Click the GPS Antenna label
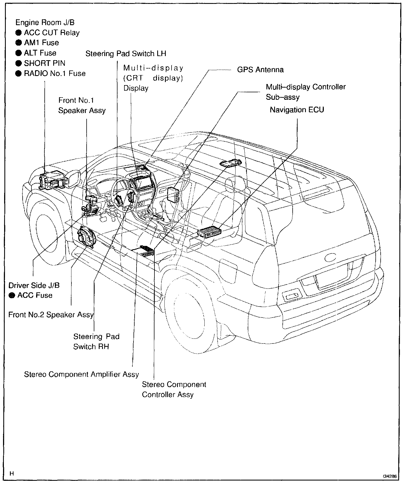pos(260,70)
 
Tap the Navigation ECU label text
pos(297,110)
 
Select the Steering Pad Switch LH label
pos(126,53)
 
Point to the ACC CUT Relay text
pos(52,33)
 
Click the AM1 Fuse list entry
pos(41,43)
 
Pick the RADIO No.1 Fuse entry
pos(55,73)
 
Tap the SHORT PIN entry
pos(44,63)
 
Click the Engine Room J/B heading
pos(45,22)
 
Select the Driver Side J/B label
pos(34,285)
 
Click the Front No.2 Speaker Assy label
pos(51,315)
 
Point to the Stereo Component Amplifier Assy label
pos(81,374)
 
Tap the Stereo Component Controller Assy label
pos(174,389)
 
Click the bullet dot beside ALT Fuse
pos(18,53)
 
